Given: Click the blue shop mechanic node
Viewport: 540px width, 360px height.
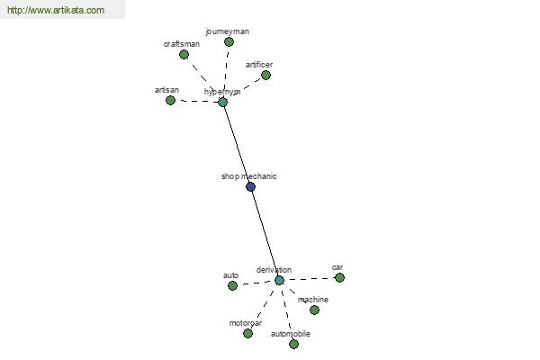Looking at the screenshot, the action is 251,186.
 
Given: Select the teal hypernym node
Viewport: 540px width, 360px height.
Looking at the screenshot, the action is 223,102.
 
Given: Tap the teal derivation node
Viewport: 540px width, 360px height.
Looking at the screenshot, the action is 279,280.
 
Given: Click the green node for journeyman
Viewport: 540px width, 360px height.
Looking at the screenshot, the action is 229,42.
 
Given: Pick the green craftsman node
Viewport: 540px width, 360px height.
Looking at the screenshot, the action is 184,54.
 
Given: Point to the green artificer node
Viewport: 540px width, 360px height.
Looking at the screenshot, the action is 265,75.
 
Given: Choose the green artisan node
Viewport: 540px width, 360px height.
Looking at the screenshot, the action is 170,100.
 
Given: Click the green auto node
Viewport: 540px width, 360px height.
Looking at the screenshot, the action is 232,285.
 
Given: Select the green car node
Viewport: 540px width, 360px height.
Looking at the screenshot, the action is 339,277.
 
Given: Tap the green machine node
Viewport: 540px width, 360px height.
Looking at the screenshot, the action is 314,310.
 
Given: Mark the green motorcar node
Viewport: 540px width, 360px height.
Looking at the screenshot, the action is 247,333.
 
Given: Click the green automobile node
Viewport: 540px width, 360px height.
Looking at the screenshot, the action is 293,344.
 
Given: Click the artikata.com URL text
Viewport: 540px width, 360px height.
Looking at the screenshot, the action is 56,10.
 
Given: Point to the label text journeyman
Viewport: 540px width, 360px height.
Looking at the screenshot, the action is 228,31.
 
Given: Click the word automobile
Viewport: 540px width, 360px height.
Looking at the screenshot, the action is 291,334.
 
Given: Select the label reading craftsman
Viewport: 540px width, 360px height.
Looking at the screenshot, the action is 182,44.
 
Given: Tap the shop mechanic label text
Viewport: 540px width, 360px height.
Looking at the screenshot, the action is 249,176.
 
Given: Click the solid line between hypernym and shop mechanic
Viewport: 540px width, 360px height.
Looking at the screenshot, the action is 237,144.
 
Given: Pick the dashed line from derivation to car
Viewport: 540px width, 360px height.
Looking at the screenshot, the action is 310,279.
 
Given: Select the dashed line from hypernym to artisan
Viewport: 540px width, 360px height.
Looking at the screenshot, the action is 196,102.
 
